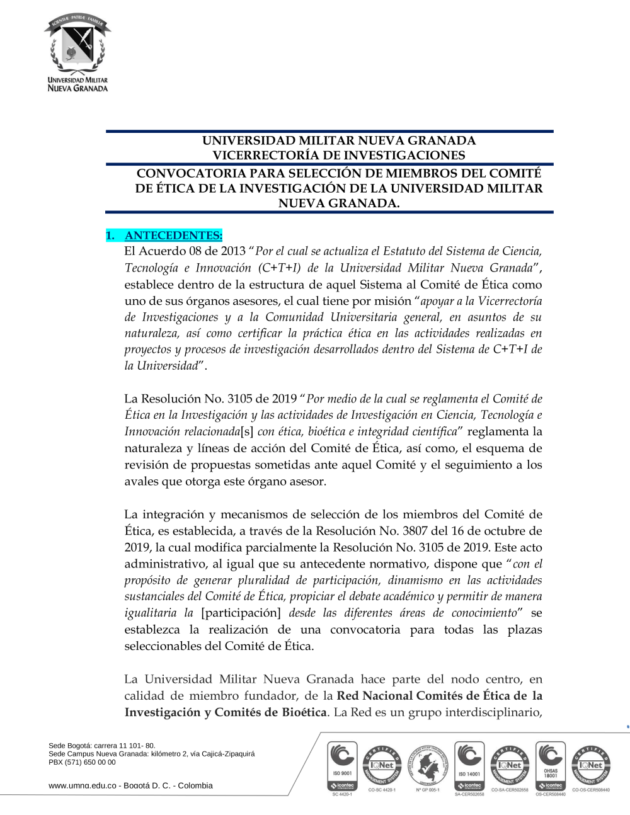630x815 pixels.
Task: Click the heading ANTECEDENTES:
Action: tap(173, 236)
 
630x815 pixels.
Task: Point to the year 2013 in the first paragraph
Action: tap(233, 251)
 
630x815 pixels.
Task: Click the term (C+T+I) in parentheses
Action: tap(279, 268)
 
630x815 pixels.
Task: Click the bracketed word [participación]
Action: tap(241, 613)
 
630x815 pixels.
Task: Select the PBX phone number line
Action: tap(82, 762)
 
